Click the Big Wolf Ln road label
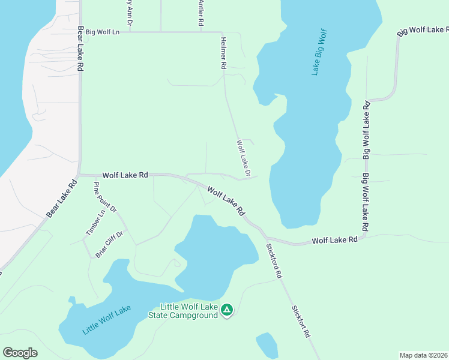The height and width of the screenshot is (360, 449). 103,32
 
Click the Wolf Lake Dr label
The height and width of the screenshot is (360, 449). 243,158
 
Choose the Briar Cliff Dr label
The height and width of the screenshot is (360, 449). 109,244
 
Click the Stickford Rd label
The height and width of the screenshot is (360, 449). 274,260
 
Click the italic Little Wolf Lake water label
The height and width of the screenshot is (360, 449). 106,321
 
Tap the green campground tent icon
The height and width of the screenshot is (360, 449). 227,310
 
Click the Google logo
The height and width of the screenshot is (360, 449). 20,353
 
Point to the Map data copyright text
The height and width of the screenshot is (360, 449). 424,355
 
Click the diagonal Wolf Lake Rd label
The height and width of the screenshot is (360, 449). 227,201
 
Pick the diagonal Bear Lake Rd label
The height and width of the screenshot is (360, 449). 62,199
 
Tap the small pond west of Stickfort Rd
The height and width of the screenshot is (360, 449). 267,346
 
